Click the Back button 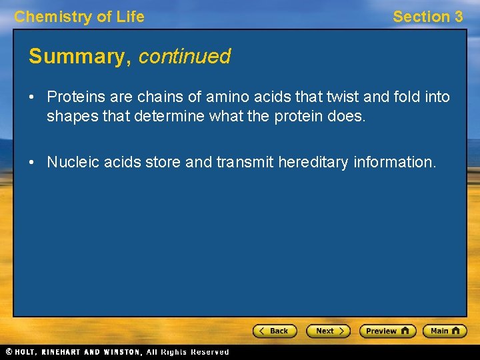pos(275,331)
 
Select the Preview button pos(387,331)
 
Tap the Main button pos(447,331)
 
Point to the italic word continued pos(185,57)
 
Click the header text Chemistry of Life pos(79,17)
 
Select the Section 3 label pos(427,17)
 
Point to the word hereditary pos(313,162)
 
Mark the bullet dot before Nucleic pos(32,163)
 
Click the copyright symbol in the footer pos(8,352)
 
